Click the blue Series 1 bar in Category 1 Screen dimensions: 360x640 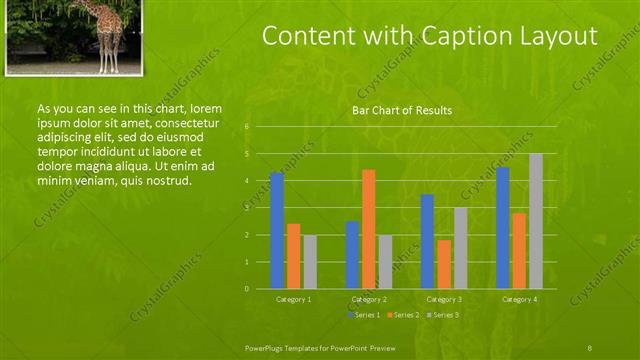277,231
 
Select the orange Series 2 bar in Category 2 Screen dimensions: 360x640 369,229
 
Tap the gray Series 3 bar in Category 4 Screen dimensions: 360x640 536,221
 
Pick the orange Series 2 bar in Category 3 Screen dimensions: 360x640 444,264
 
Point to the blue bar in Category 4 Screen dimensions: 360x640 503,228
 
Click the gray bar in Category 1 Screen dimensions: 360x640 310,262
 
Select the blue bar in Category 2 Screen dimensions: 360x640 352,255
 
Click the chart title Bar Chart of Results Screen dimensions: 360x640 402,110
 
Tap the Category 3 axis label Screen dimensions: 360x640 444,299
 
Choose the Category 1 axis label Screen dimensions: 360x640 293,299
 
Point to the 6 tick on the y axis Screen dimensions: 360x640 247,127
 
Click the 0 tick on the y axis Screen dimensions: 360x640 247,289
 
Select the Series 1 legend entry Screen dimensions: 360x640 364,315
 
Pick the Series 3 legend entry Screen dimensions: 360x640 444,315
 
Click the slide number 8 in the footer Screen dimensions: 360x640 590,346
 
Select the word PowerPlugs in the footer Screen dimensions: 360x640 267,346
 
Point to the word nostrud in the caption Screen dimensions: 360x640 168,180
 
